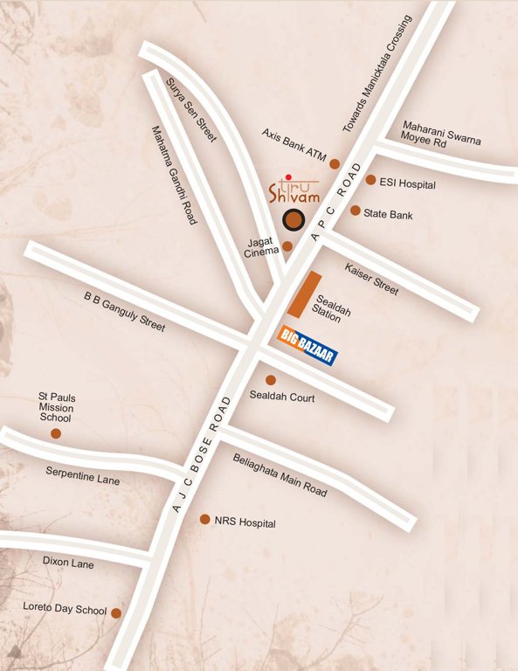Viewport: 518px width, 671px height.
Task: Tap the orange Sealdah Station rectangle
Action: click(301, 294)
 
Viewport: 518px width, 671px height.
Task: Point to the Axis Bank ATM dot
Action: click(334, 163)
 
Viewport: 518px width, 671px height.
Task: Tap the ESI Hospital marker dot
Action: click(370, 180)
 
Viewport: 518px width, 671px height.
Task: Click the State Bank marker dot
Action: click(356, 211)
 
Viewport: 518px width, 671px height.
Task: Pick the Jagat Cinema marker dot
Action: click(287, 246)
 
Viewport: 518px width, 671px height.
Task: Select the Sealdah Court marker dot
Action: click(271, 380)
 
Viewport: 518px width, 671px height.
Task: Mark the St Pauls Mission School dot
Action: click(56, 433)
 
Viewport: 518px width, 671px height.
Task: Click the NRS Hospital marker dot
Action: click(205, 519)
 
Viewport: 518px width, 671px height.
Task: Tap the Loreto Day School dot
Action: click(115, 613)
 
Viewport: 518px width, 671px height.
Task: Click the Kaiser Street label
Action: click(371, 278)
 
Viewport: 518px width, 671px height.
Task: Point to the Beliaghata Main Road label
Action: click(280, 475)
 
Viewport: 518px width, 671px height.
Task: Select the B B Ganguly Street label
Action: click(124, 311)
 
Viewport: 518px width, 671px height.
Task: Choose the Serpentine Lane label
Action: click(83, 475)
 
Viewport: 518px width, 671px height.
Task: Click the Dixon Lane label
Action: click(68, 564)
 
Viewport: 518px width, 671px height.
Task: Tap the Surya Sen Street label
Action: click(190, 110)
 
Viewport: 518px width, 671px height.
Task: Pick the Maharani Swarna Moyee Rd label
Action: click(441, 135)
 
